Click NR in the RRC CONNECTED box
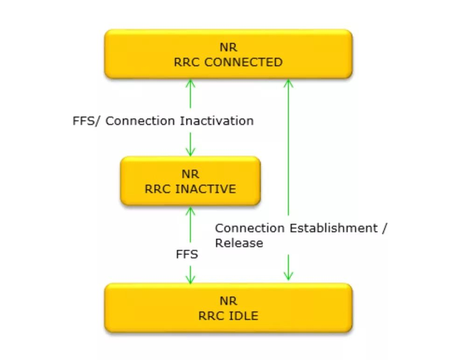coord(228,48)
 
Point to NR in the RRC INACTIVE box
coord(190,174)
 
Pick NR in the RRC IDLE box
coord(228,301)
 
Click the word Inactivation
coord(217,121)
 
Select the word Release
coord(238,243)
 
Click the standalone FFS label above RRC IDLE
coord(187,255)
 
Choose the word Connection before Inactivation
coord(140,121)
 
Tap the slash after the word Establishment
coord(385,228)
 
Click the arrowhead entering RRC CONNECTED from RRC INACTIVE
coord(190,83)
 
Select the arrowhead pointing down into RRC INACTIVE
coord(190,152)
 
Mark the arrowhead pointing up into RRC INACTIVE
coord(190,210)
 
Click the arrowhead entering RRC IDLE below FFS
coord(190,279)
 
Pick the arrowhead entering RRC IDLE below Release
coord(288,276)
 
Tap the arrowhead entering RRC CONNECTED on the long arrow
coord(288,83)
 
